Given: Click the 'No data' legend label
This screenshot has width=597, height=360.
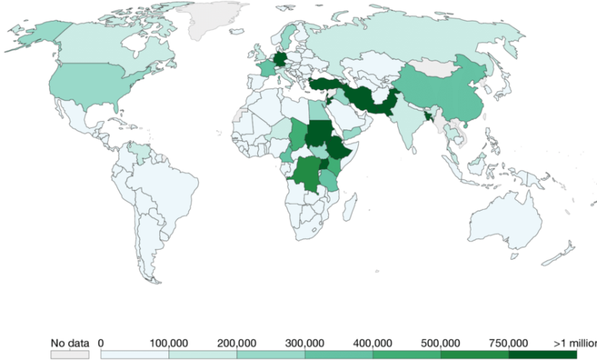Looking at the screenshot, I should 70,342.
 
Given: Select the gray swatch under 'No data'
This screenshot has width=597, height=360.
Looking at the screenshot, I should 70,355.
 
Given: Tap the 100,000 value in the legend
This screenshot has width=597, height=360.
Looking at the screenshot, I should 168,342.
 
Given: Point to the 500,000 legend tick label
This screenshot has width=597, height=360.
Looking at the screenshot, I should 441,342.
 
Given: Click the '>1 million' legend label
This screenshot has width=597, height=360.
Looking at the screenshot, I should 576,342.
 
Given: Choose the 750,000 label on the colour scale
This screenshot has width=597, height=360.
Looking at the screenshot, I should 508,342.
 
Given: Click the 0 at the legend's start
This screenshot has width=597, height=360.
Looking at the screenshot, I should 101,342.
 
